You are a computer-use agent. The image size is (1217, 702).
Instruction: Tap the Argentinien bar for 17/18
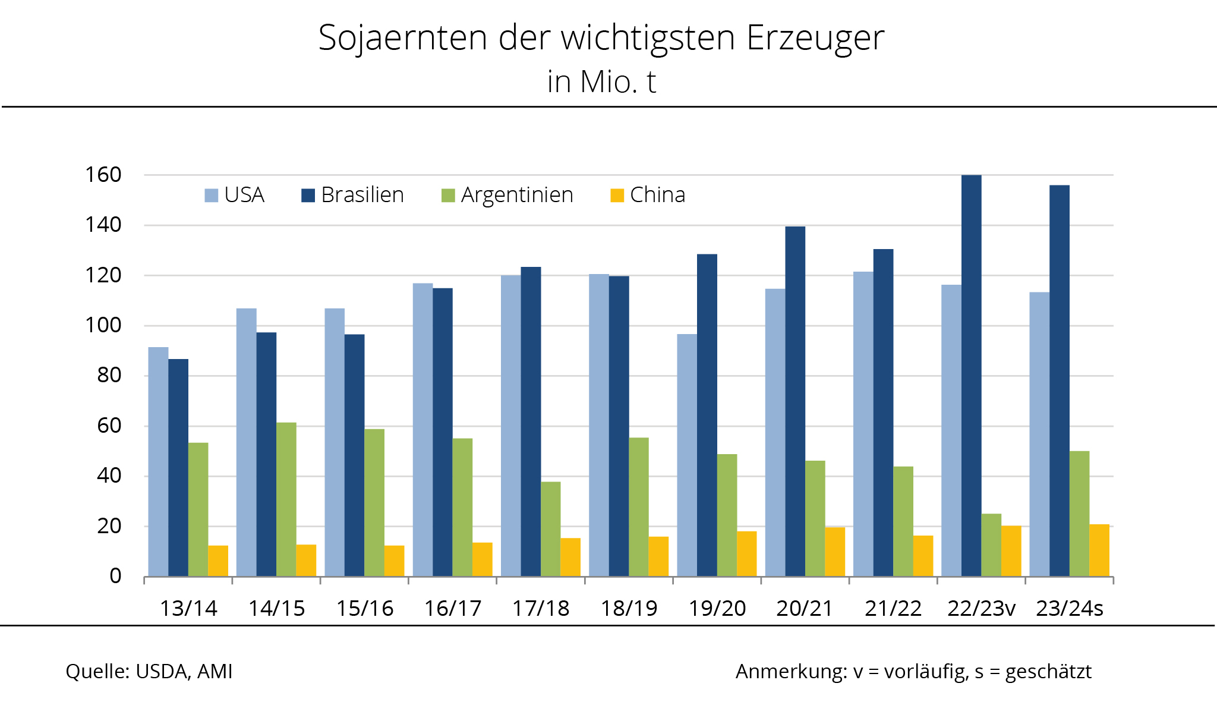click(550, 529)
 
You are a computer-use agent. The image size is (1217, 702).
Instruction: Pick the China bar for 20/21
click(835, 552)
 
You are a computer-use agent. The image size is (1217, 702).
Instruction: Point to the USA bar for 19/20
click(687, 455)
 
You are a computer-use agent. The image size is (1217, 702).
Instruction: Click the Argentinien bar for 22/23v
click(991, 545)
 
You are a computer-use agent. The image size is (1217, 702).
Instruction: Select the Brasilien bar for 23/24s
click(1059, 380)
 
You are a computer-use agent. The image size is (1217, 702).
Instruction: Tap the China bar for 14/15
click(306, 561)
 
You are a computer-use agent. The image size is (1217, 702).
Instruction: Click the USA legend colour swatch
click(212, 195)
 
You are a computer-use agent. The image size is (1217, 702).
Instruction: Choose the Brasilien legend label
click(362, 195)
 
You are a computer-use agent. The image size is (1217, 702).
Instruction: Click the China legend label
click(657, 195)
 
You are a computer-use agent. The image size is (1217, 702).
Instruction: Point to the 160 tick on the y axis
click(103, 175)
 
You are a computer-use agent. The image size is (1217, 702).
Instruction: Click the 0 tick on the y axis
click(115, 576)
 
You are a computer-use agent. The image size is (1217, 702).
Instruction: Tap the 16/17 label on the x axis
click(452, 609)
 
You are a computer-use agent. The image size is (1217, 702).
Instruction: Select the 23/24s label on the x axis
click(1070, 609)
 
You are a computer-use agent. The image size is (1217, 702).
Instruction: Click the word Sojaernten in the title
click(403, 39)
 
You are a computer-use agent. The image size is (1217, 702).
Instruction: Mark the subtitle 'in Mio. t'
click(601, 82)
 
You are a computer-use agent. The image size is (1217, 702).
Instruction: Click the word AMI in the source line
click(215, 671)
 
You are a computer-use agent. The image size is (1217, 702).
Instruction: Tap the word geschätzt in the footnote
click(1048, 672)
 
